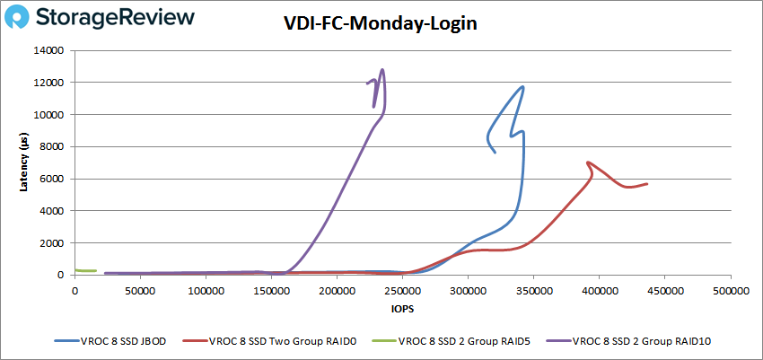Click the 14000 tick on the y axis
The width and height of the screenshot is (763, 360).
[49, 51]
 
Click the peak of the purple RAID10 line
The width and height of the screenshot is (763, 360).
[383, 69]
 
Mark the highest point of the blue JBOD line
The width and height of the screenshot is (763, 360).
[522, 87]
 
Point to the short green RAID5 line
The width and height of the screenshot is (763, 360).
[85, 270]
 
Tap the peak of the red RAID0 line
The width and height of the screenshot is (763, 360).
[588, 162]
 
